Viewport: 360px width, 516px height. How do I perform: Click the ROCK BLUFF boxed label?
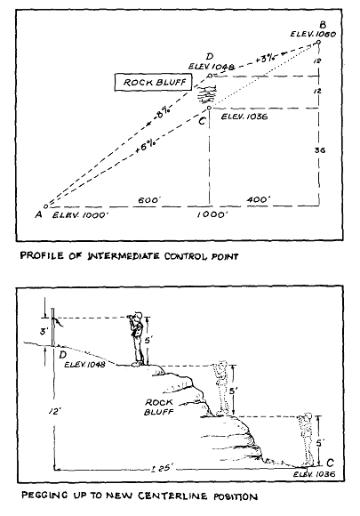[153, 82]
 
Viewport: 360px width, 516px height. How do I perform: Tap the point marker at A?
[46, 206]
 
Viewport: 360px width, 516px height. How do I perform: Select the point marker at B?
[318, 42]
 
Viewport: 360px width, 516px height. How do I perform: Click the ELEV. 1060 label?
[313, 34]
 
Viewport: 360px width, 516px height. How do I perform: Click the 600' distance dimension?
[149, 200]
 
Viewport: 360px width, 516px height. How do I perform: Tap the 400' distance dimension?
[259, 200]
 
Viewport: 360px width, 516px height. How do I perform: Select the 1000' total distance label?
[211, 215]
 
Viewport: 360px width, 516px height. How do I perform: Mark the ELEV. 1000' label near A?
[81, 215]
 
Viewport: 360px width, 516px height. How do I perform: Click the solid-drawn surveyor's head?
[138, 315]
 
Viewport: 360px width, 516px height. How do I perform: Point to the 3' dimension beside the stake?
[44, 331]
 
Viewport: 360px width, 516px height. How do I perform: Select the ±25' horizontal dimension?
[160, 468]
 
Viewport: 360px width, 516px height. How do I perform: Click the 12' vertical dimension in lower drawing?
[55, 411]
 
